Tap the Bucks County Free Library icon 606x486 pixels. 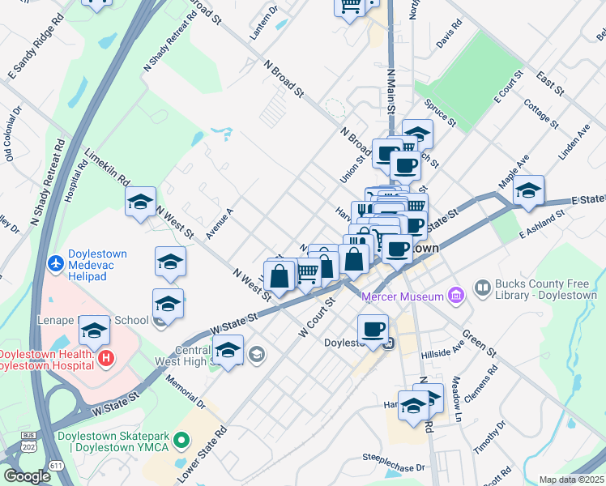(483, 288)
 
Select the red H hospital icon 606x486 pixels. (104, 357)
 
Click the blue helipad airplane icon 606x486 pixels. (56, 262)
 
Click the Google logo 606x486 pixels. (27, 476)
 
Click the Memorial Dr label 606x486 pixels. (184, 390)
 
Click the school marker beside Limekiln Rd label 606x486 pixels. (140, 203)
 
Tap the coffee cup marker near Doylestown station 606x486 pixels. (373, 329)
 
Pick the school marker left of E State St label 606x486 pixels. (528, 190)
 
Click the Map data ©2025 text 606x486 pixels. (572, 480)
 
